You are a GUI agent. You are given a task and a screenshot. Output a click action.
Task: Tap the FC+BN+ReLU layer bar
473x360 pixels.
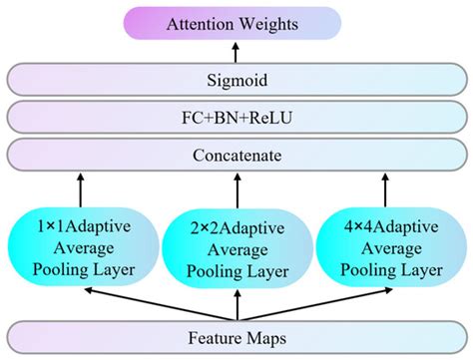236,118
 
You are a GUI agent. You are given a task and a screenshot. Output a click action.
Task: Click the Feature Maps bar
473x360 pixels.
236,338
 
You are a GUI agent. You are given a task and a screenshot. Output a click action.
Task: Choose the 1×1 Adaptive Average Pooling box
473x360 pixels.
84,243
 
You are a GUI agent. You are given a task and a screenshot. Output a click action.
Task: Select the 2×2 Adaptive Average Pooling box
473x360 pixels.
236,243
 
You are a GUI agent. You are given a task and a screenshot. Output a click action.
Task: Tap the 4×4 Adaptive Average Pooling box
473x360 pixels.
390,243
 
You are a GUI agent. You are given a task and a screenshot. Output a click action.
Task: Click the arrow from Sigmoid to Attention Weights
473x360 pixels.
236,52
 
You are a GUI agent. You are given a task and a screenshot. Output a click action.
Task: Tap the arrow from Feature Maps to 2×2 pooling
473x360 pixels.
236,301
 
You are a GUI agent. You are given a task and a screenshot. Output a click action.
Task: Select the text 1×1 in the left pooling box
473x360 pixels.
49,223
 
